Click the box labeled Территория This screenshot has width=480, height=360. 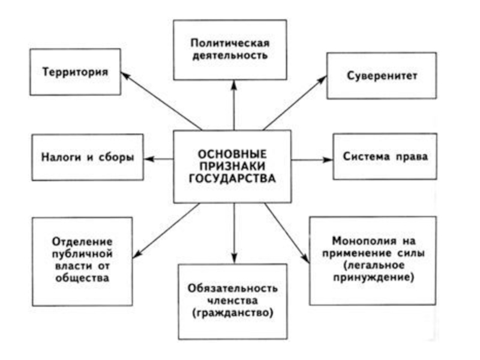coord(75,72)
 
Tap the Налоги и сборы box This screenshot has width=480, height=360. coord(88,157)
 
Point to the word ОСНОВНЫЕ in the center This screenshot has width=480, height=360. coord(232,154)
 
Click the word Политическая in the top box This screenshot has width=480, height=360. coord(230,43)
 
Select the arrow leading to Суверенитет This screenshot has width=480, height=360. coord(295,103)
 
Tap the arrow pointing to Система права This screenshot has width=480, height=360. coord(312,160)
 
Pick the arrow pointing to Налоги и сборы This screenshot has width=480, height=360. coord(160,159)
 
